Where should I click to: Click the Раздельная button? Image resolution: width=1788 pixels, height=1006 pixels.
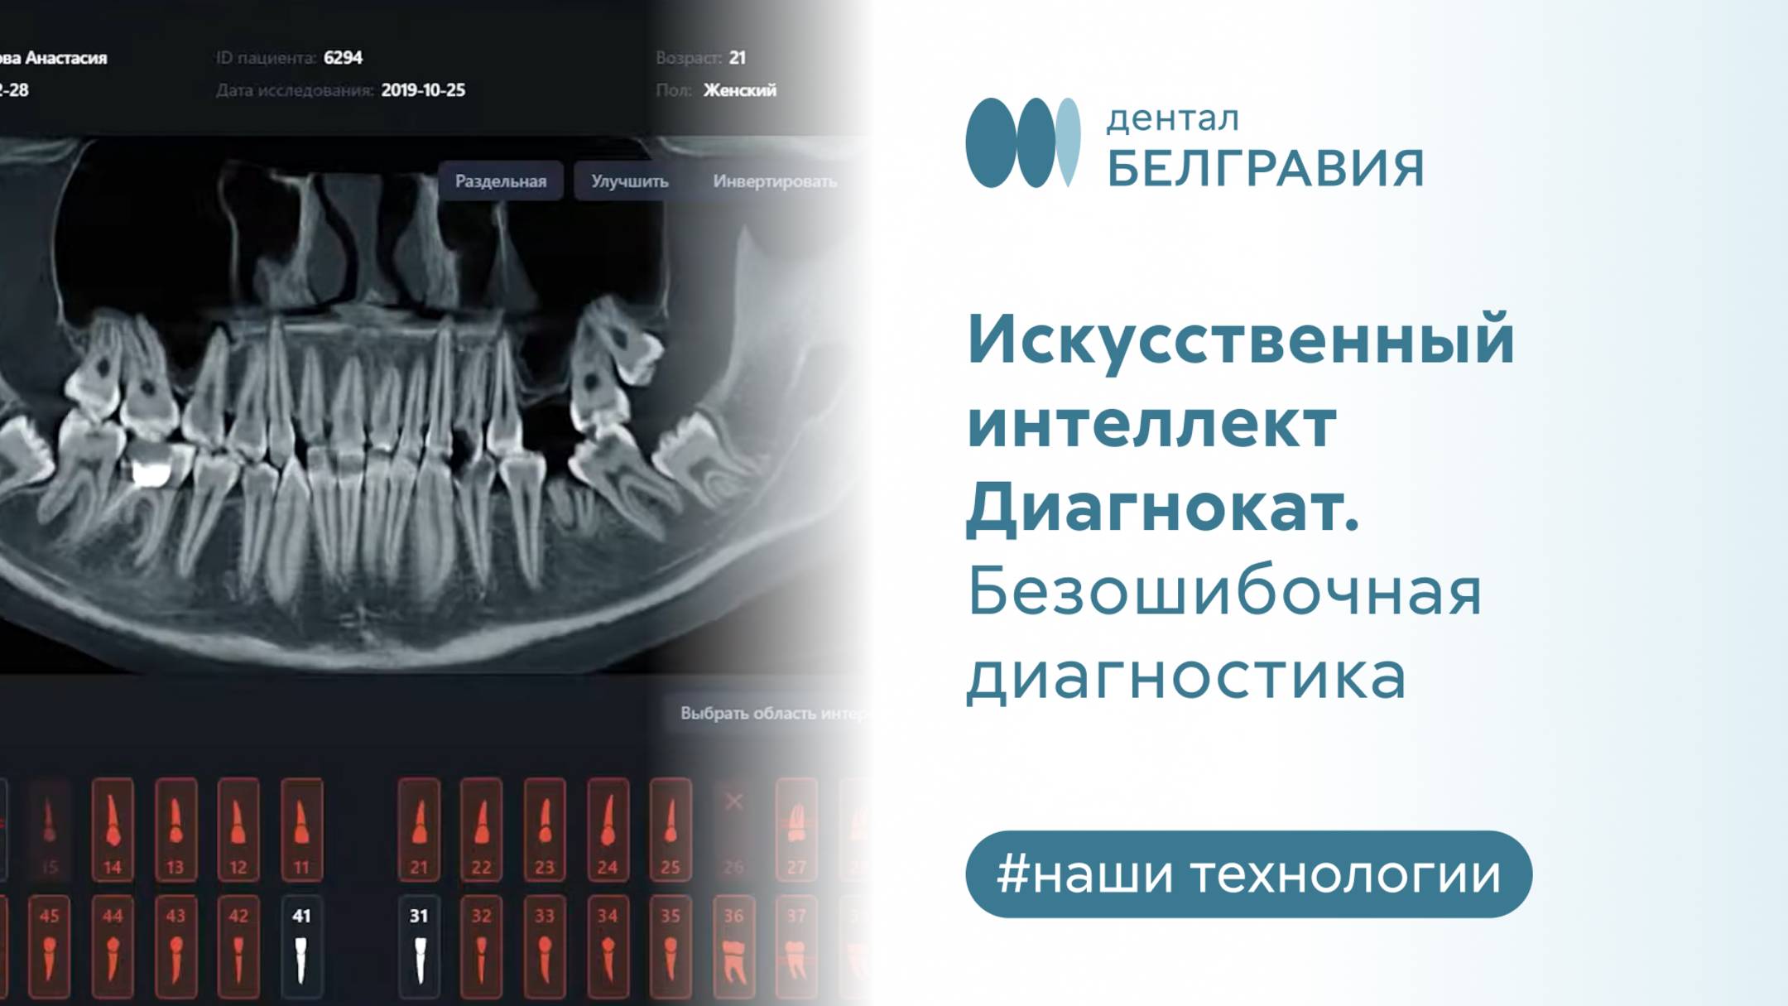point(500,181)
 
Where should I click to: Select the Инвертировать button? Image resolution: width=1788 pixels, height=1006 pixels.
point(774,181)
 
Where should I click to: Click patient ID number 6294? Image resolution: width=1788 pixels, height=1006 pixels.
point(343,58)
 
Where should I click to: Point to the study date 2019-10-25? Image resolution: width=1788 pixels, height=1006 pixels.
point(423,90)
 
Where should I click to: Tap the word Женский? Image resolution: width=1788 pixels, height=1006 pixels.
point(739,90)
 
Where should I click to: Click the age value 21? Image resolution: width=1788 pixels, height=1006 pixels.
point(737,58)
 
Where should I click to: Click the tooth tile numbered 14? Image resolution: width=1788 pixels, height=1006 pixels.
point(113,829)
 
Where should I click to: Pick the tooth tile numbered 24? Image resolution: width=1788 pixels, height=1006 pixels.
point(608,829)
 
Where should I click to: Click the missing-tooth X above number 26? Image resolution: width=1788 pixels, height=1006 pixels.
point(733,801)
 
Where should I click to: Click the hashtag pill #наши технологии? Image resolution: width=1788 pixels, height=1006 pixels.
point(1248,874)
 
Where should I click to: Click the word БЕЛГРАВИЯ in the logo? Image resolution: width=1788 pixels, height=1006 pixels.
point(1265,169)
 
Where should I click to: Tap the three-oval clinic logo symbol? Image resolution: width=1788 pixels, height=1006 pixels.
point(1023,142)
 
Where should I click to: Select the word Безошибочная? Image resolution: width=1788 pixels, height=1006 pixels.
point(1223,593)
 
